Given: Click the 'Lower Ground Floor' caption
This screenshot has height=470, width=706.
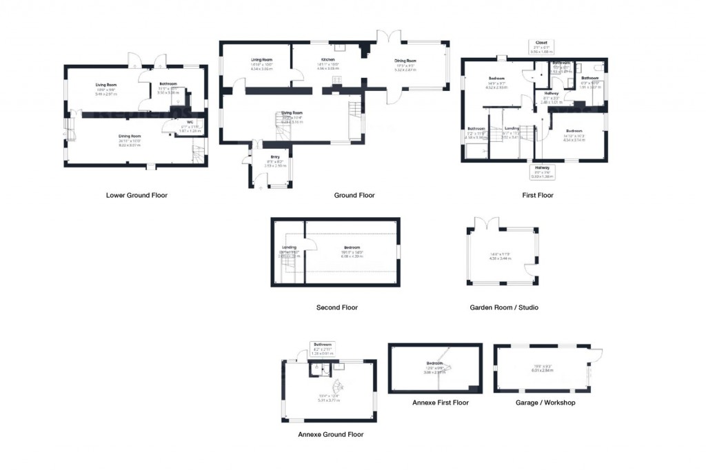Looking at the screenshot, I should point(137,195).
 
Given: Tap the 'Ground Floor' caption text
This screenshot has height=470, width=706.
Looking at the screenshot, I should point(354,195).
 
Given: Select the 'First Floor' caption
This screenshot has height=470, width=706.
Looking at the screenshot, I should point(537,195).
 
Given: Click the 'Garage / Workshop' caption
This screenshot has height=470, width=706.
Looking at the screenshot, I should point(545,402).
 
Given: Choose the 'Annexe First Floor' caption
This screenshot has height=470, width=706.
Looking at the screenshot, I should point(440,402).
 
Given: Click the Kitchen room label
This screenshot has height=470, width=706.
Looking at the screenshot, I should point(327,60).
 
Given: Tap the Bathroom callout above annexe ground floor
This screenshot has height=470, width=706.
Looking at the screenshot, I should point(323,347).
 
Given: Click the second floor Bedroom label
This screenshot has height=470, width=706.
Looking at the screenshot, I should point(352,248).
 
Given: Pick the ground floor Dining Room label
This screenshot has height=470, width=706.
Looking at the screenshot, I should point(405,60).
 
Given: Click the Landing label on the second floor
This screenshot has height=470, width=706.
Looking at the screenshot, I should point(289,248).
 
